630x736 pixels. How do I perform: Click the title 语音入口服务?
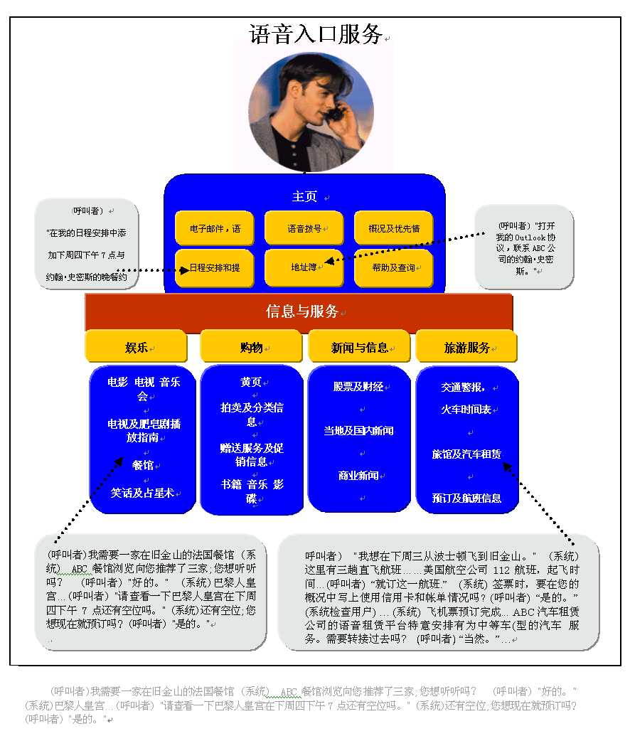pyautogui.click(x=316, y=34)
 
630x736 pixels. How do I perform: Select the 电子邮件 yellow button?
pyautogui.click(x=215, y=229)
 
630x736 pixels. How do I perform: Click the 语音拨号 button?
pyautogui.click(x=304, y=229)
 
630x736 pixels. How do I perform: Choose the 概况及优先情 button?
pyautogui.click(x=393, y=229)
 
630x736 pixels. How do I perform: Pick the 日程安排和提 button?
pyautogui.click(x=215, y=268)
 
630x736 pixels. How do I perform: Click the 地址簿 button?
pyautogui.click(x=304, y=268)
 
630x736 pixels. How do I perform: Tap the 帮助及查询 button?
pyautogui.click(x=393, y=268)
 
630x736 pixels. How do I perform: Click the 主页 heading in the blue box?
pyautogui.click(x=304, y=196)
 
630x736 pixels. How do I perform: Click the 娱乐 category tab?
pyautogui.click(x=137, y=348)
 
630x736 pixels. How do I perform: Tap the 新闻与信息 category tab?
pyautogui.click(x=359, y=348)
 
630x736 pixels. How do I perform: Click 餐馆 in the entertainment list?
pyautogui.click(x=143, y=465)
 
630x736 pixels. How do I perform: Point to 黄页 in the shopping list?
pyautogui.click(x=251, y=383)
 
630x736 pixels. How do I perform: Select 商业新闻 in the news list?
pyautogui.click(x=358, y=476)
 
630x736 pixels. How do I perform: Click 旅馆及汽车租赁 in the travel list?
pyautogui.click(x=466, y=454)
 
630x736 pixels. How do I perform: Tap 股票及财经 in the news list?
pyautogui.click(x=358, y=387)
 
